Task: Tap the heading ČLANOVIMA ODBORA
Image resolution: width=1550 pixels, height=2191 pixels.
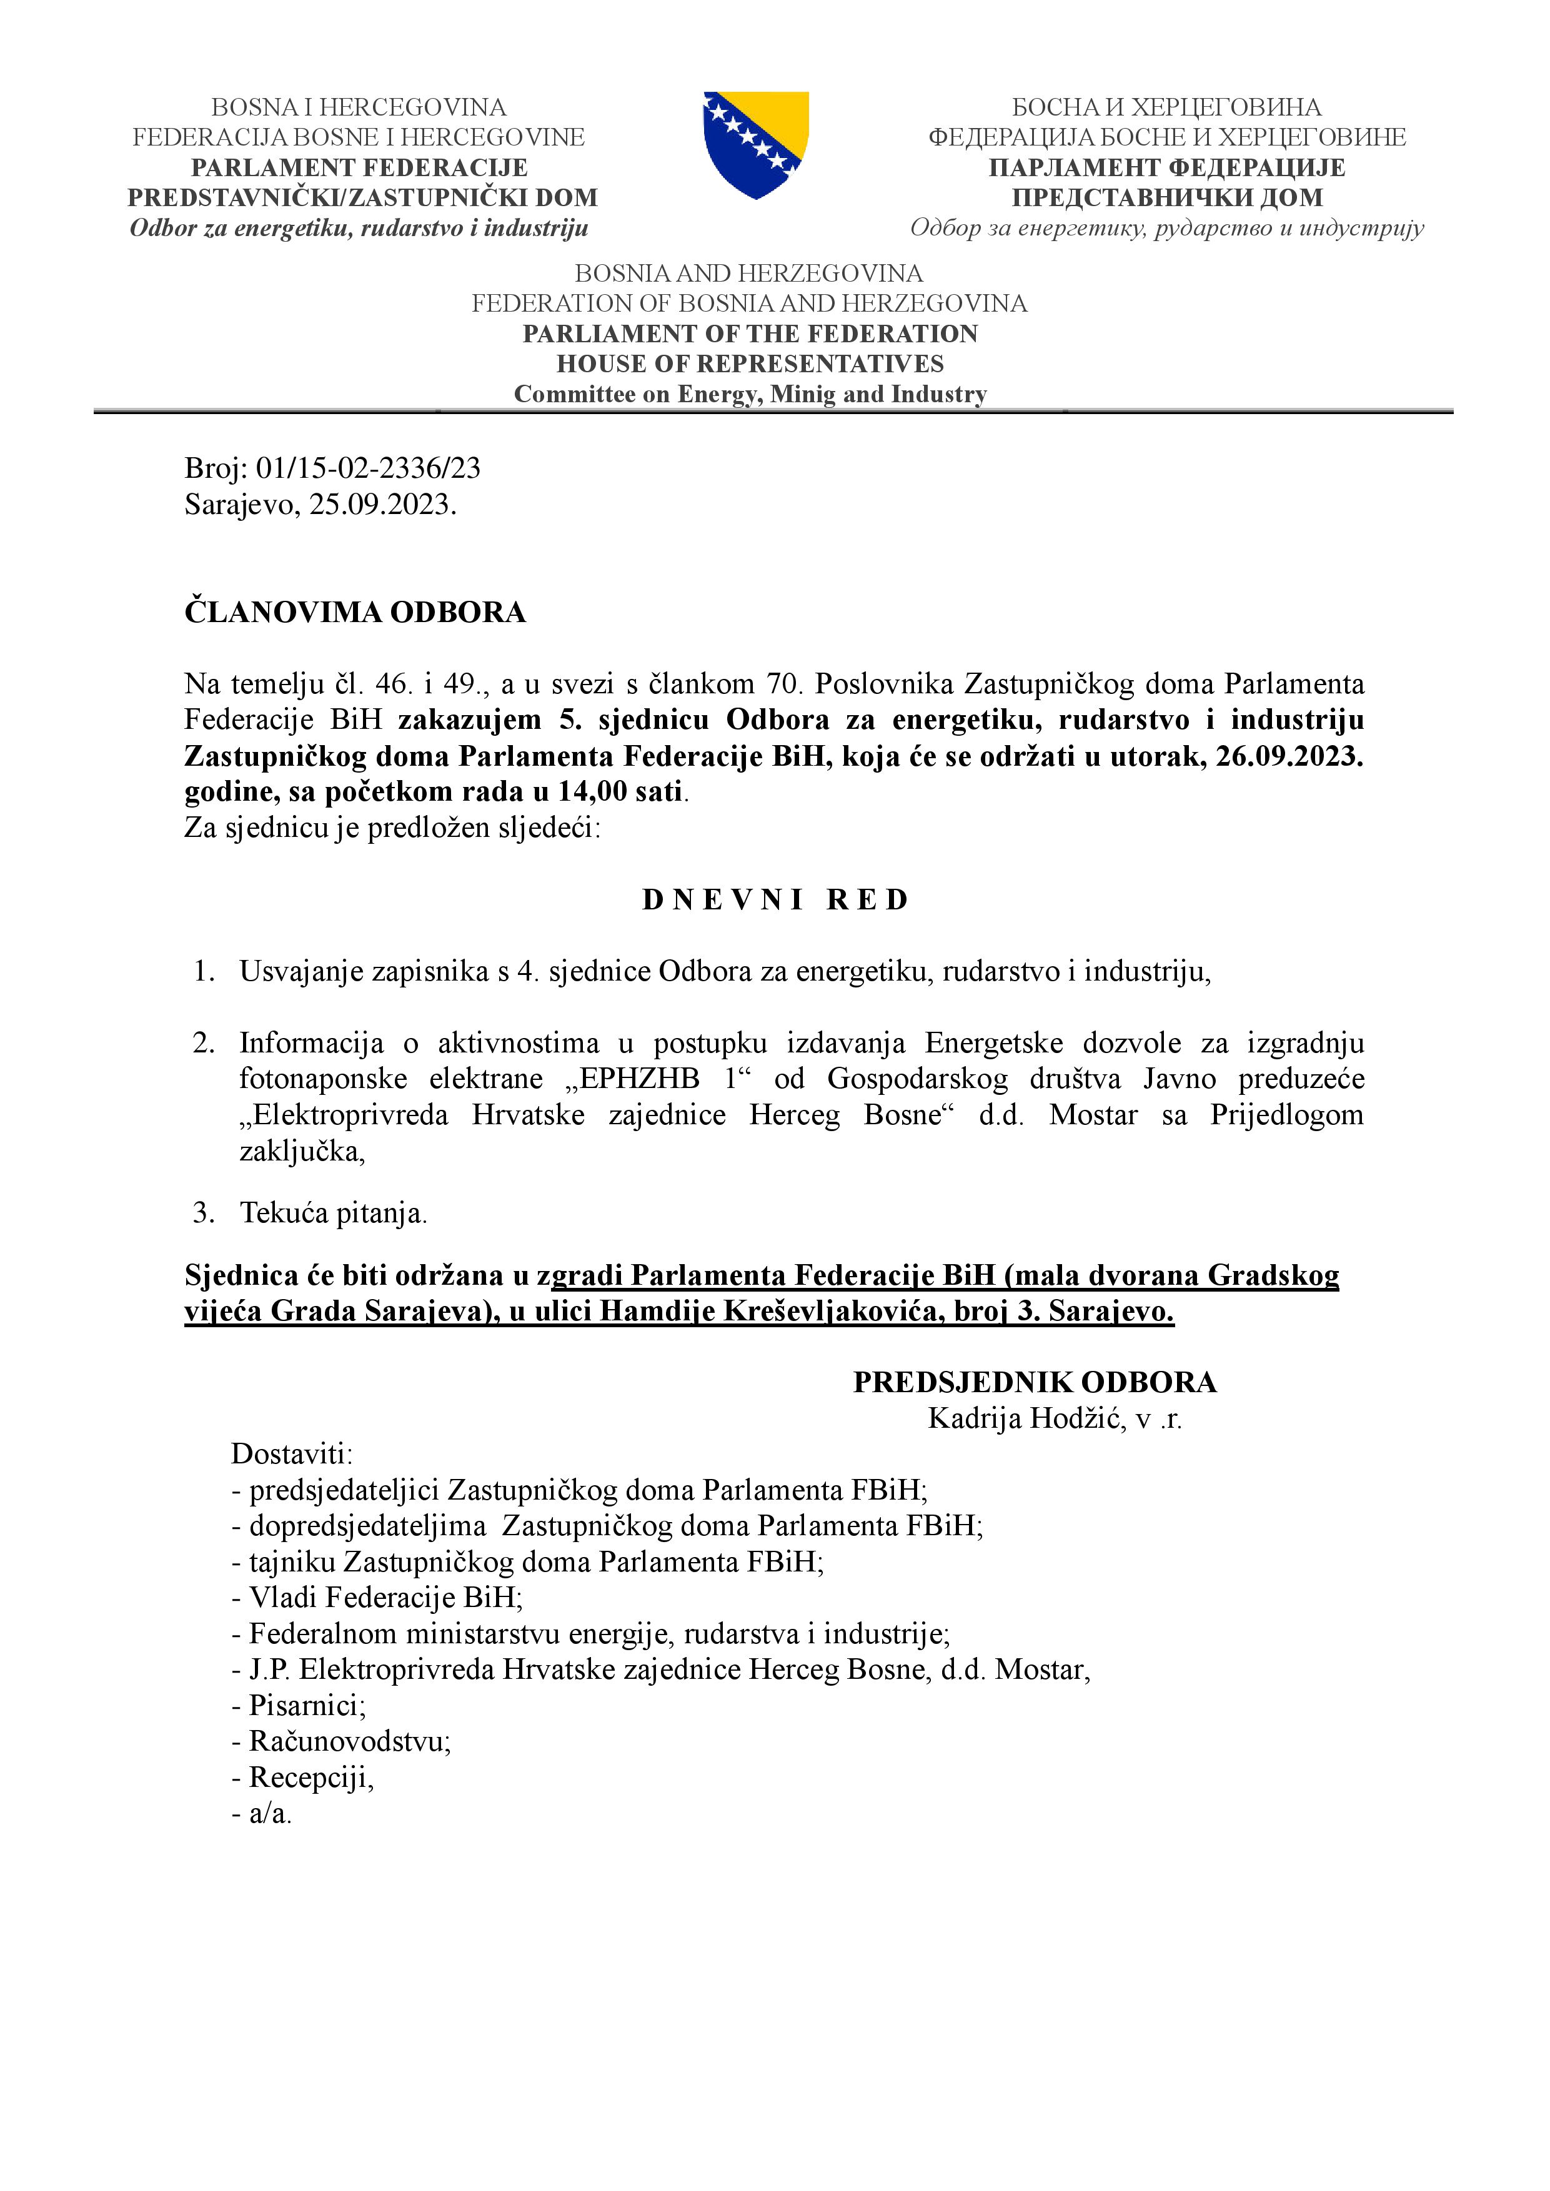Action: point(355,611)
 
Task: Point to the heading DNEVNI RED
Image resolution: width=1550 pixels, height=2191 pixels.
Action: point(775,900)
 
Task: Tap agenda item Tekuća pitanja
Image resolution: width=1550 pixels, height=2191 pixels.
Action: point(333,1213)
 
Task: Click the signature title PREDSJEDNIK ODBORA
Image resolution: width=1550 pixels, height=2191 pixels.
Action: point(1035,1383)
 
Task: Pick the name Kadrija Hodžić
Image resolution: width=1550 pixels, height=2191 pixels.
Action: point(1026,1419)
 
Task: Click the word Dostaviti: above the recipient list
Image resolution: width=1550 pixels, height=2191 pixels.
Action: point(292,1454)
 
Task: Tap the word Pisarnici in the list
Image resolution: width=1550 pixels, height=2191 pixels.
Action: point(306,1705)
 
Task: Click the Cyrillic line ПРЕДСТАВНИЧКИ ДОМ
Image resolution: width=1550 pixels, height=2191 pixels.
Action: point(1167,197)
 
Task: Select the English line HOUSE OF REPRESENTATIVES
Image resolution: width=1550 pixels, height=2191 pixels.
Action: point(750,364)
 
